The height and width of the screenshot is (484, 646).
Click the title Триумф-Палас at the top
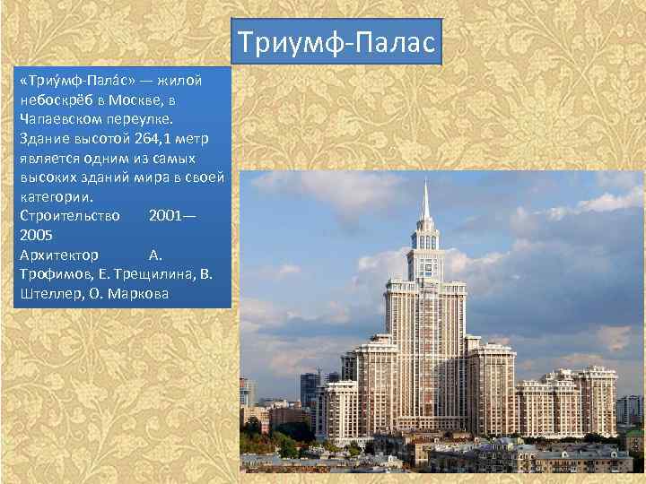tap(336, 42)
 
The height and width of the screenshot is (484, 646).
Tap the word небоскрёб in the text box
tap(57, 99)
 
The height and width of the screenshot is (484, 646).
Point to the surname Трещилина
tap(153, 274)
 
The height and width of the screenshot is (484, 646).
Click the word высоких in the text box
tap(48, 177)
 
